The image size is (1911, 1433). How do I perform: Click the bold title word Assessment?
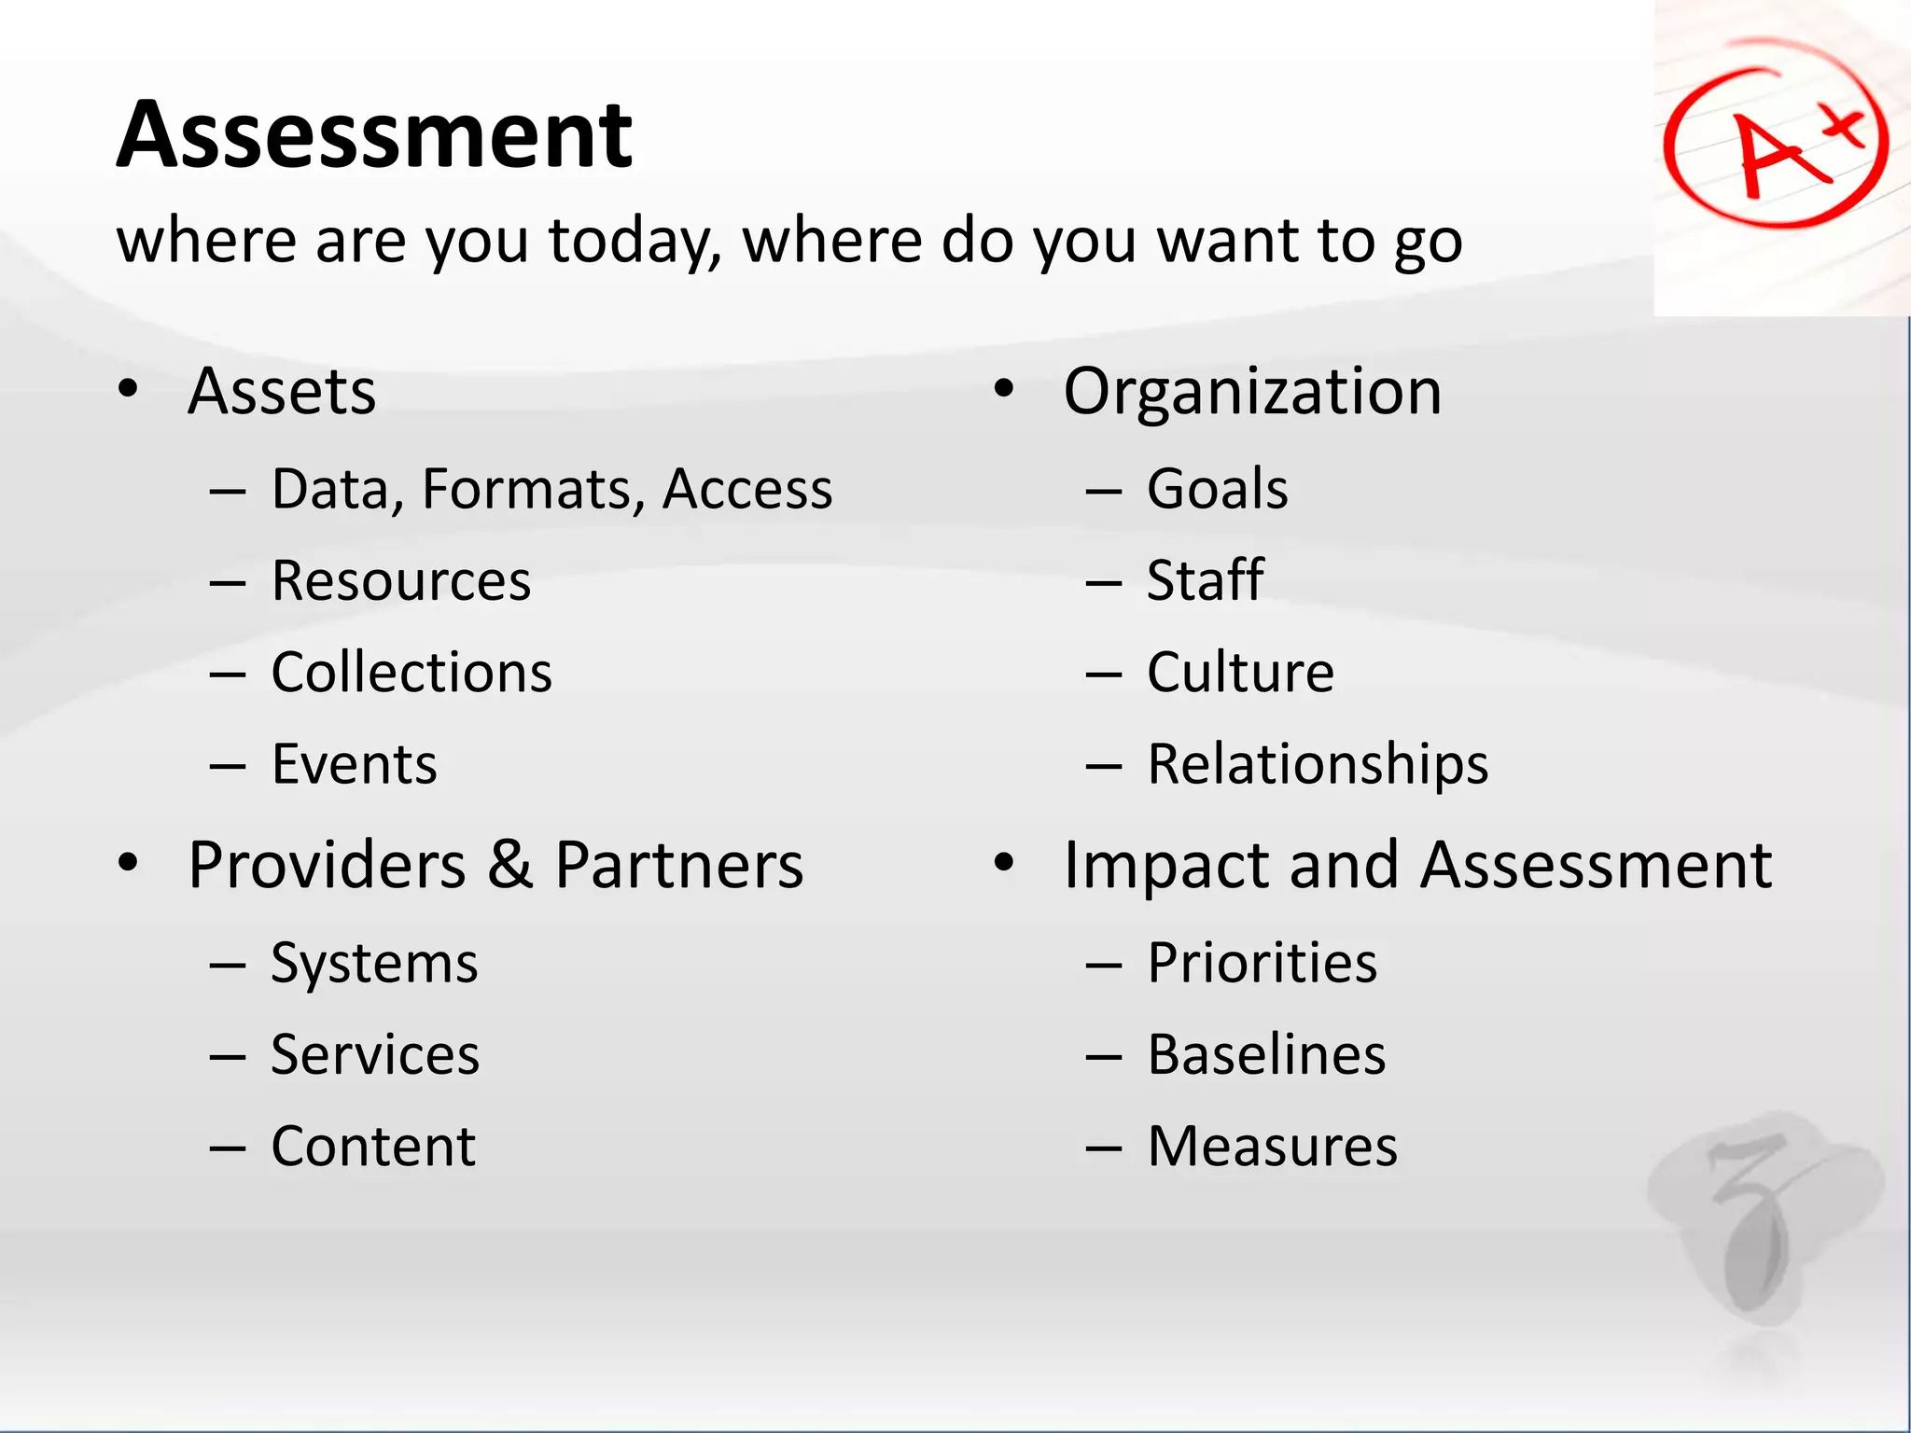click(374, 136)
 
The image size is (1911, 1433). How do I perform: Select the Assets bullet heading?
click(282, 391)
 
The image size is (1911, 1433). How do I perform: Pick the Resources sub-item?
click(401, 580)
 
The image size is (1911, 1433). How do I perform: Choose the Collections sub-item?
click(411, 672)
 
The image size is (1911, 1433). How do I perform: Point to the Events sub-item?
click(354, 764)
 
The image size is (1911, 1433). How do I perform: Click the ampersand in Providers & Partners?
click(509, 864)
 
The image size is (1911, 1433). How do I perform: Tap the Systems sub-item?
click(374, 963)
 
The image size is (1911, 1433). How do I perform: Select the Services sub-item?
click(375, 1054)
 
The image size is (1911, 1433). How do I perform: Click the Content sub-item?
click(373, 1146)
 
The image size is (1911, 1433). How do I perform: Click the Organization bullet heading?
click(1252, 391)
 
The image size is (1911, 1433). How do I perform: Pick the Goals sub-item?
click(1217, 489)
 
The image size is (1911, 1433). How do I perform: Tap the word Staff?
click(1205, 580)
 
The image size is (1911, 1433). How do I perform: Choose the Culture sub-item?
click(1240, 672)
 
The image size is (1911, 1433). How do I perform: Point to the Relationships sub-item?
click(1318, 764)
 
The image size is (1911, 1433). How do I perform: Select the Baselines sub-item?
click(1266, 1054)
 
